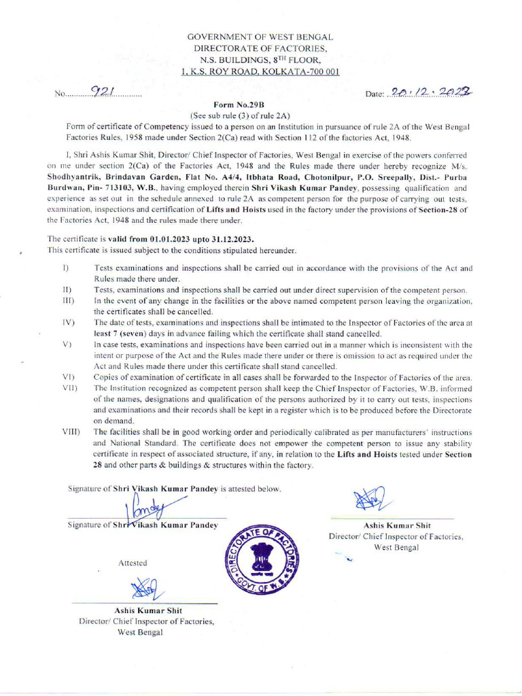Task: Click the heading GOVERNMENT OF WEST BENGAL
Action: (260, 37)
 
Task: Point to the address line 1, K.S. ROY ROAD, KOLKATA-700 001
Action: (260, 71)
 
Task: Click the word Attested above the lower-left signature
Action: (133, 563)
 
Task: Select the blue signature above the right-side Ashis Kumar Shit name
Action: (368, 500)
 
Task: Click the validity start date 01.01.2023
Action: (167, 240)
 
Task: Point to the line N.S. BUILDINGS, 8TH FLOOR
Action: (260, 60)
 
